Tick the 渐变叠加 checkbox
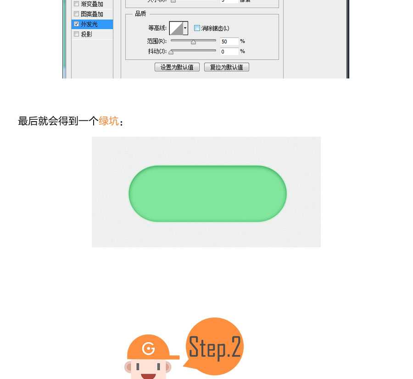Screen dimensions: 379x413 point(76,4)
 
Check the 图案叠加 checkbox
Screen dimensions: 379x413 point(76,14)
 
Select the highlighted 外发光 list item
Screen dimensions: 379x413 point(92,24)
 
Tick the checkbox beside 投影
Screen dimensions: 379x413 point(76,34)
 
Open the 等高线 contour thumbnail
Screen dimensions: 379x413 point(176,28)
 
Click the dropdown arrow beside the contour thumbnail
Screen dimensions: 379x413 point(185,28)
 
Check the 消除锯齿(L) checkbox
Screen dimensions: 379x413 point(197,28)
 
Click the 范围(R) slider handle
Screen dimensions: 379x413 point(193,42)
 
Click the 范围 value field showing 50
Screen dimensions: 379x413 point(229,42)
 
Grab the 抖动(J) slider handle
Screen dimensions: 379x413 point(171,52)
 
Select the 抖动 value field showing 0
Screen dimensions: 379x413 point(229,52)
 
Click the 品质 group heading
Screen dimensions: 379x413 point(140,14)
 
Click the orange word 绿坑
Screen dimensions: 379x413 point(109,121)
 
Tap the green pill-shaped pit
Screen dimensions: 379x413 point(207,194)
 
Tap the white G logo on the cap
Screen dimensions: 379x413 point(148,349)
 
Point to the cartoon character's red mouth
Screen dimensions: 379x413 point(148,376)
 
